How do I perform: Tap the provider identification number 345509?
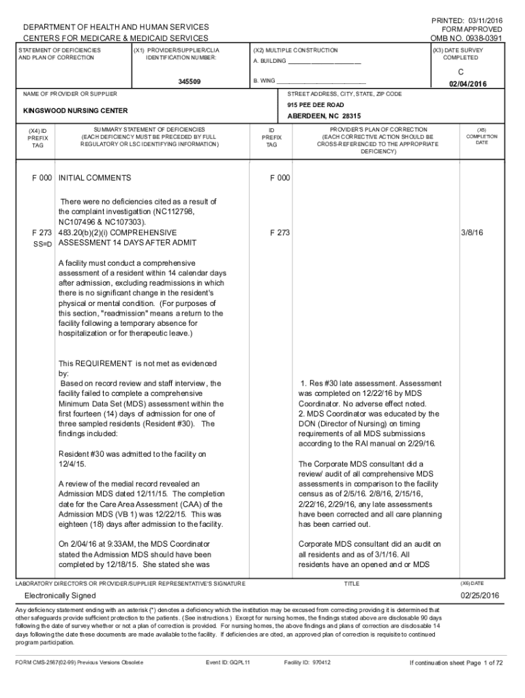[190, 82]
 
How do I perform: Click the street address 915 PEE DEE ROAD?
[316, 105]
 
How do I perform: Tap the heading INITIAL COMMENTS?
[95, 178]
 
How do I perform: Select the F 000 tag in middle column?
[280, 178]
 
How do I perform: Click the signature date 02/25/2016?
[480, 595]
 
